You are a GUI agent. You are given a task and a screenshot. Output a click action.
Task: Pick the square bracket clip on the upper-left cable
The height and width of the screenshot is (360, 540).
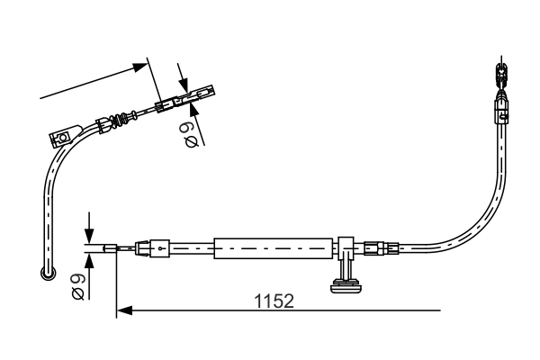(x=61, y=138)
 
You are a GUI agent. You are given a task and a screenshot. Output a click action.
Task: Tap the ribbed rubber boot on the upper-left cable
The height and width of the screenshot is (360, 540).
(x=116, y=121)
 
